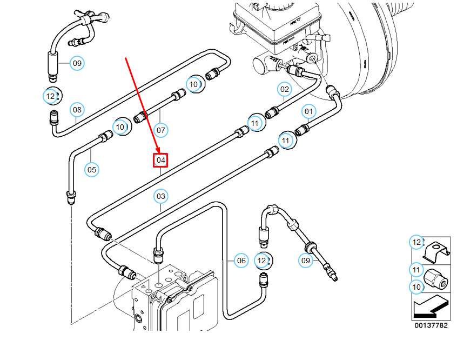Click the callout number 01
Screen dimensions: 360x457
coord(308,112)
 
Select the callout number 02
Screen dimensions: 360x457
coord(285,89)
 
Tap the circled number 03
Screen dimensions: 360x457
coord(161,196)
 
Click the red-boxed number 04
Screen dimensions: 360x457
coord(160,160)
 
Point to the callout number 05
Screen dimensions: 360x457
coord(92,170)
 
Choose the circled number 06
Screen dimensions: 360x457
coord(241,261)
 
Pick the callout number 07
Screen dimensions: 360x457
coord(160,130)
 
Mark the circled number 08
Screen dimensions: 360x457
coord(77,110)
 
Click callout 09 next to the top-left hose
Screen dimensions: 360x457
coord(77,63)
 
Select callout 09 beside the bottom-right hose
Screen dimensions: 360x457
coord(306,261)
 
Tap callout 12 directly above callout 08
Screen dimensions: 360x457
coord(50,96)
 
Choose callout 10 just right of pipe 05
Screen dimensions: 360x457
coord(120,127)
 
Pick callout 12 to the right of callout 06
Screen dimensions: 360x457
coord(262,261)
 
